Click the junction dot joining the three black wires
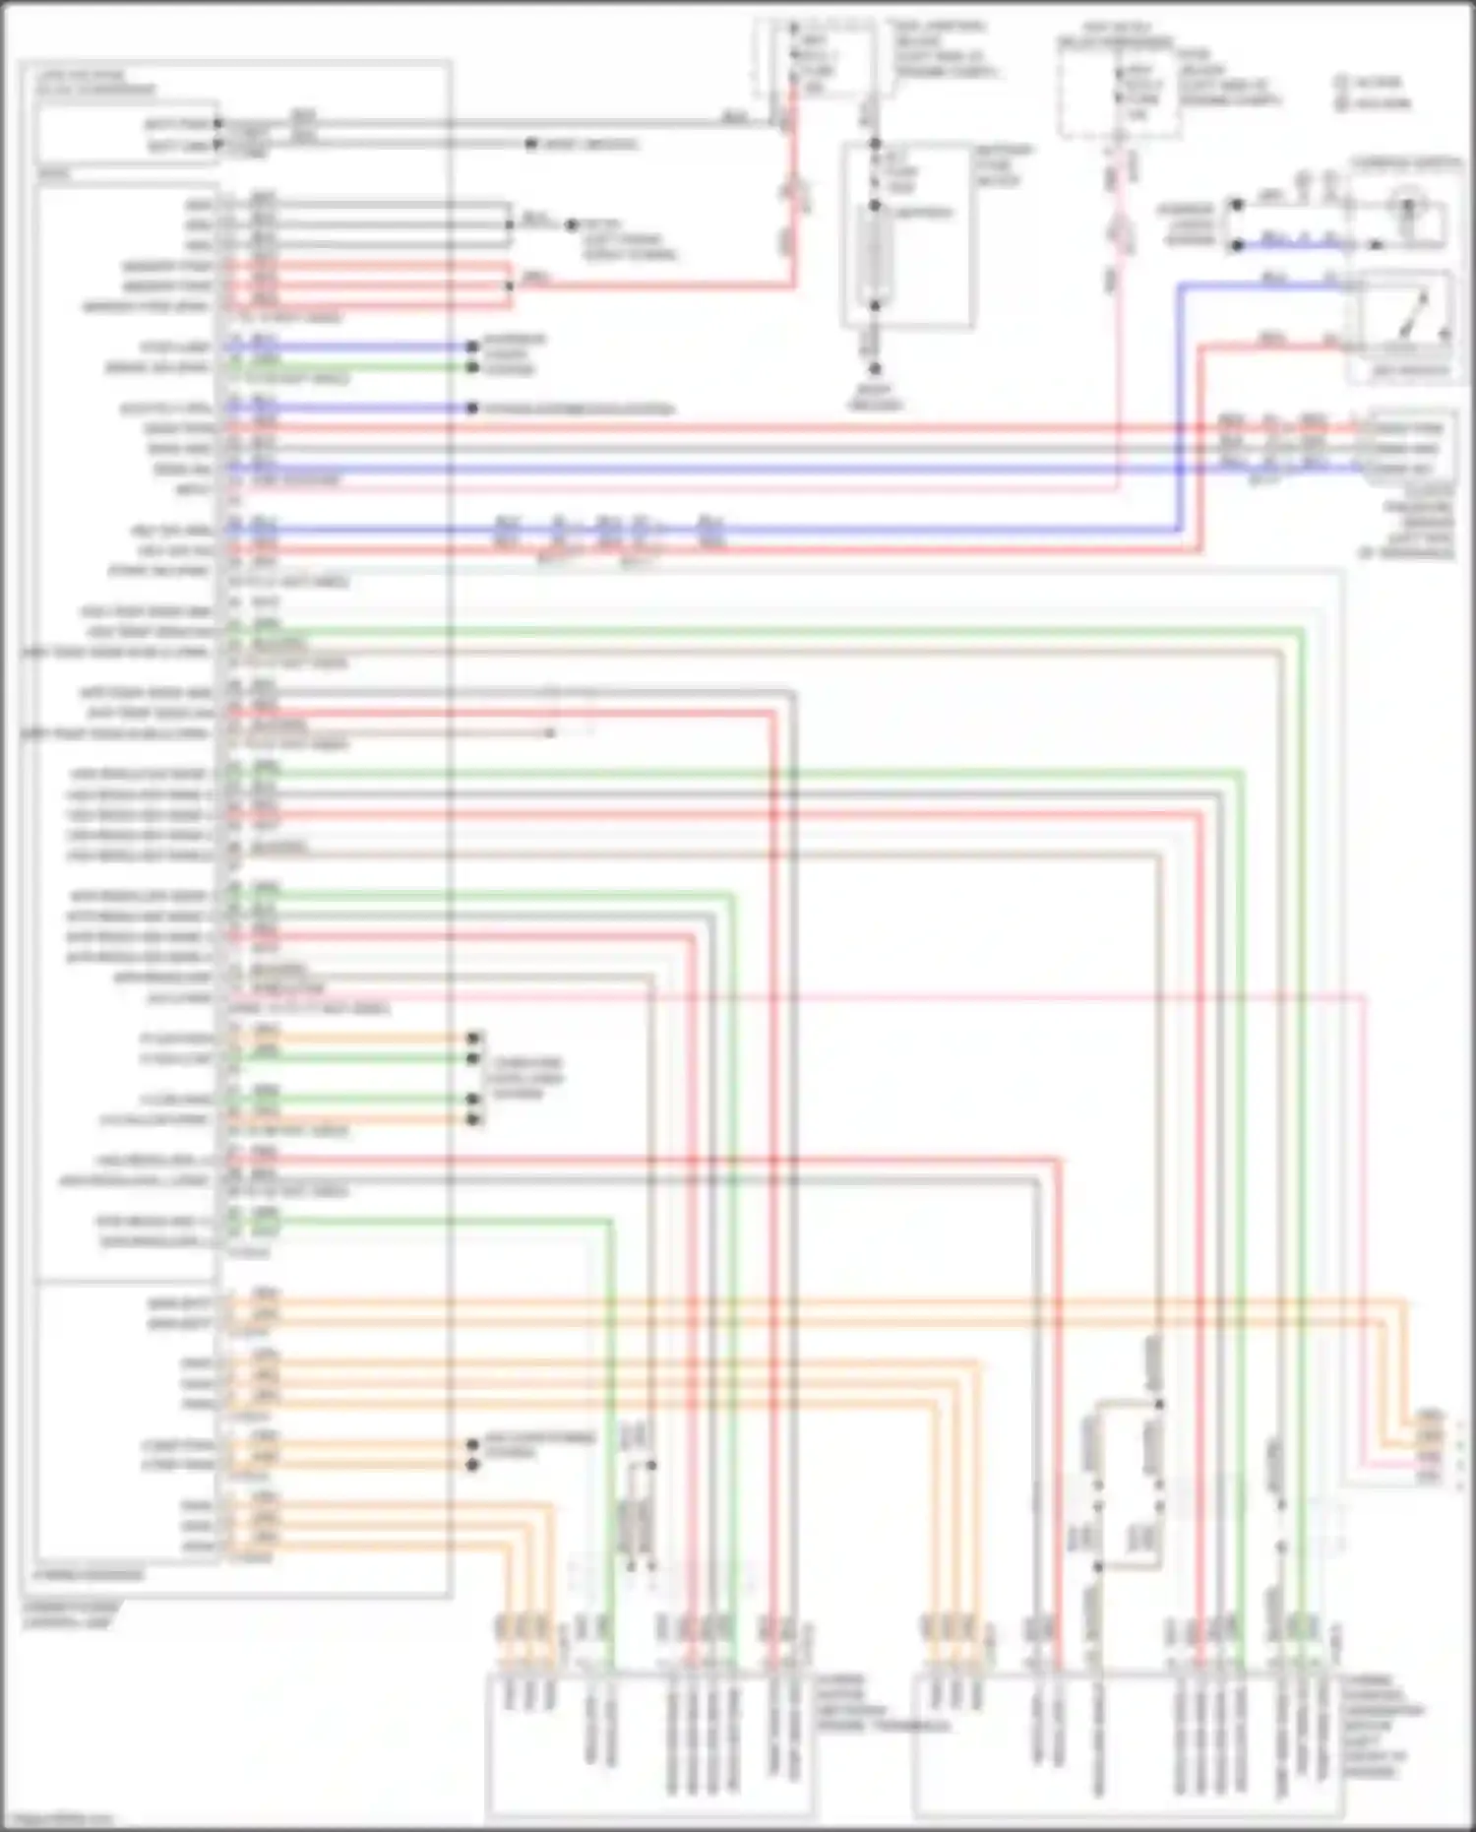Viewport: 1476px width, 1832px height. [x=510, y=224]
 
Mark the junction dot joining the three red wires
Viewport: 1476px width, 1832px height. [x=510, y=285]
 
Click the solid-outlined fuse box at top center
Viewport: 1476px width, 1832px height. [x=906, y=234]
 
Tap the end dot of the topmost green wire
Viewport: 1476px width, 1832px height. [x=473, y=367]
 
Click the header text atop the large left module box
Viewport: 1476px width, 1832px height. [x=94, y=82]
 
